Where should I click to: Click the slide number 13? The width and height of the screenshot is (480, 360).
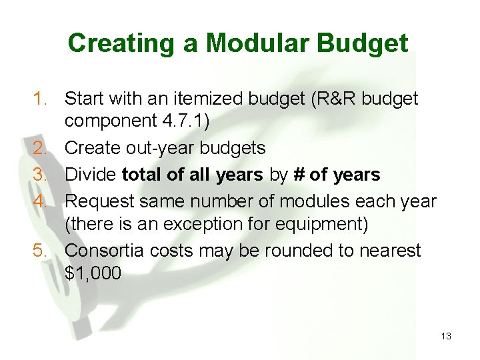point(446,336)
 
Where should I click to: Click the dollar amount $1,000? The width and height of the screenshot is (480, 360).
point(93,274)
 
